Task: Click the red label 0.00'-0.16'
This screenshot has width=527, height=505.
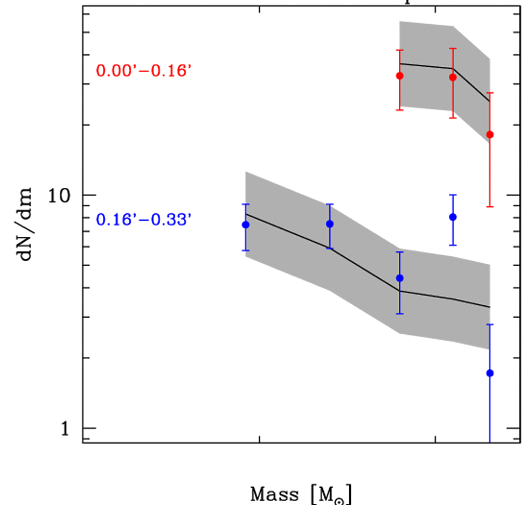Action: [144, 71]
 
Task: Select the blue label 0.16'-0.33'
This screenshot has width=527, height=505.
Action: [144, 219]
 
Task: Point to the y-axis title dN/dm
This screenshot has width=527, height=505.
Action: [26, 223]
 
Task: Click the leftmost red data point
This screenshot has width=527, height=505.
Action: [400, 76]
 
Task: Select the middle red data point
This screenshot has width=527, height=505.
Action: [453, 78]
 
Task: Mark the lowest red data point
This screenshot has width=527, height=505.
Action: [490, 135]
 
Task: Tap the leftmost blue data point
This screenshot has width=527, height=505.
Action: [246, 225]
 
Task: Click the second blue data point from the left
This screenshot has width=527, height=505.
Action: [330, 224]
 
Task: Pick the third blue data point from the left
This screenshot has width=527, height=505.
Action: [400, 278]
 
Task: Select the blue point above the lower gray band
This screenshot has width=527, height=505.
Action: [453, 217]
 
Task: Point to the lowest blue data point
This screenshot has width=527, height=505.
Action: [490, 373]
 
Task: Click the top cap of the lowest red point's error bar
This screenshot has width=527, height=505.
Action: [490, 93]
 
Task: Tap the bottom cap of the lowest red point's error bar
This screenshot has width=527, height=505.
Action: [490, 207]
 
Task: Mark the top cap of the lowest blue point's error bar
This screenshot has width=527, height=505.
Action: [490, 325]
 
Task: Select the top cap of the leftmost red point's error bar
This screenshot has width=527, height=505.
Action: [400, 50]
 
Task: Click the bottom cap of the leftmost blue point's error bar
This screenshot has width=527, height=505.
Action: [246, 250]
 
